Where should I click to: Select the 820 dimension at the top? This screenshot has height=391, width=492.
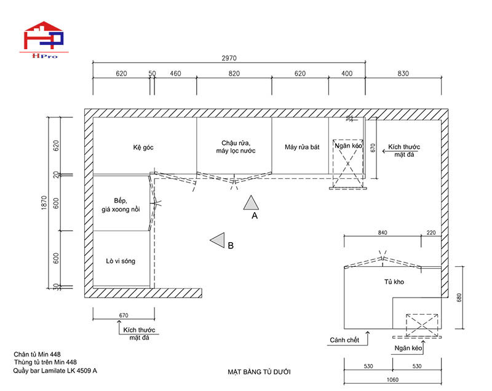[x=234, y=74]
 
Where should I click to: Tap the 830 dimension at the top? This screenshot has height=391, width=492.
[x=403, y=74]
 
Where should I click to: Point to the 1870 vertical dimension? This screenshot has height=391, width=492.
[x=44, y=202]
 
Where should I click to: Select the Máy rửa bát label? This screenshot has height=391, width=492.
[x=302, y=148]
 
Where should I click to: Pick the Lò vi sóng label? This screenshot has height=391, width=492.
[x=121, y=261]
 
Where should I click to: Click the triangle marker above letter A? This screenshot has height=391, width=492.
[x=250, y=202]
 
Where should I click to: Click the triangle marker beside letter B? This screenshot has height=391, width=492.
[x=217, y=241]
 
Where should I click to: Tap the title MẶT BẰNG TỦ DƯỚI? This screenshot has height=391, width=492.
[x=258, y=372]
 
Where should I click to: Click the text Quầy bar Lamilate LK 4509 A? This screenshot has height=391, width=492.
[x=55, y=371]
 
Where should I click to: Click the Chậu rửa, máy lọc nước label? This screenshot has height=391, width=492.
[x=235, y=146]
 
